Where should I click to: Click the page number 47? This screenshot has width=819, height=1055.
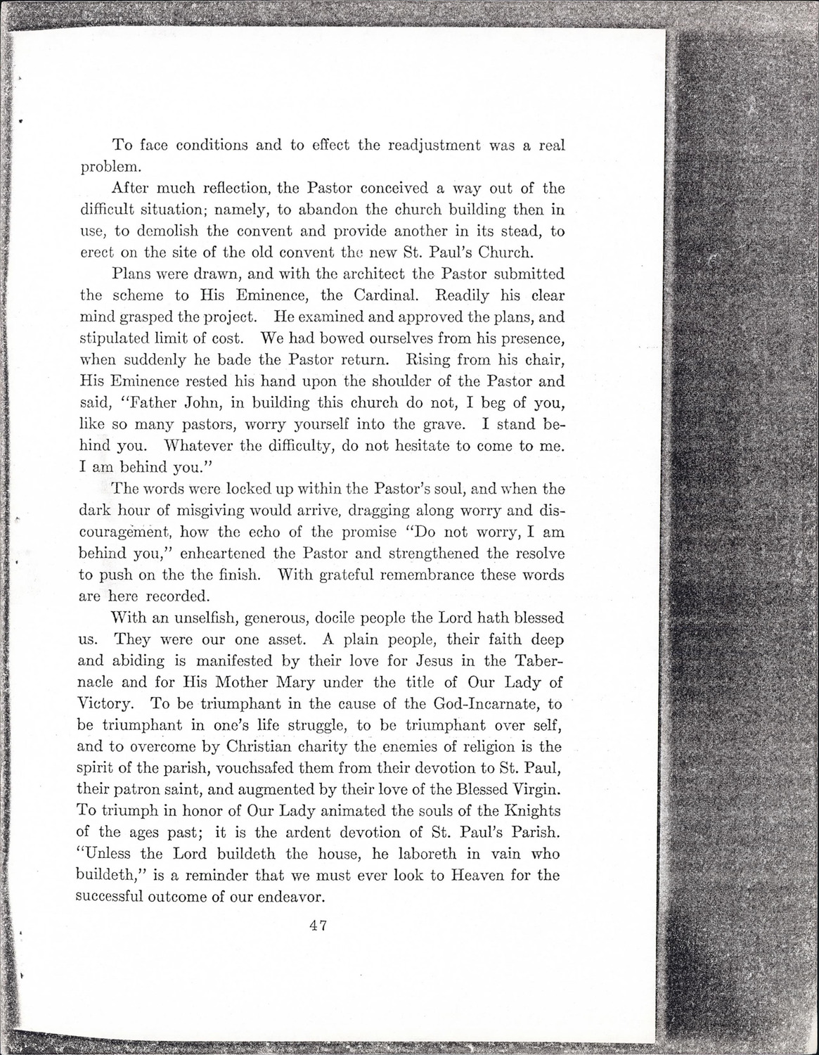click(314, 926)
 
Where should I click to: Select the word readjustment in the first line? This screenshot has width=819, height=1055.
click(415, 146)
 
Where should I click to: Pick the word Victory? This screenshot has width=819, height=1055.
click(105, 703)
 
